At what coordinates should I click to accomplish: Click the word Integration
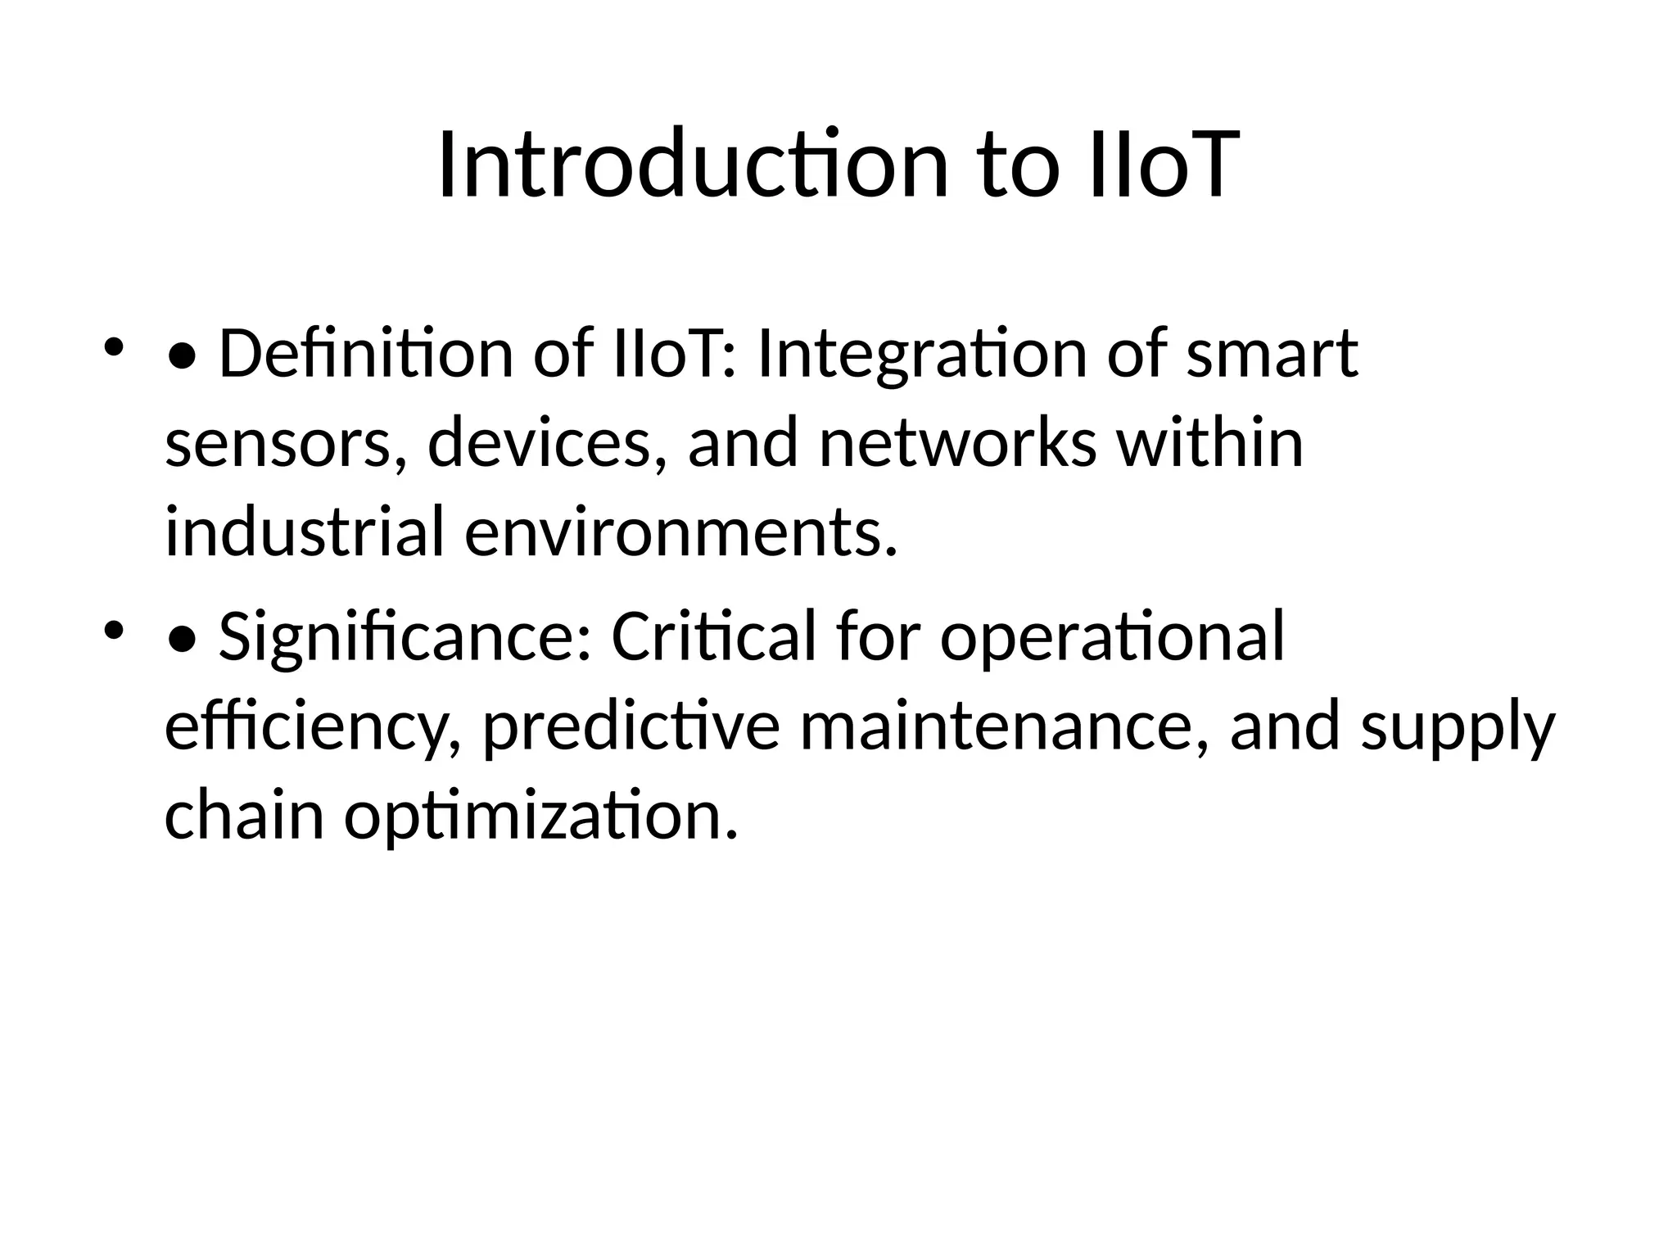point(923,355)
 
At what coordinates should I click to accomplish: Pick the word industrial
point(305,532)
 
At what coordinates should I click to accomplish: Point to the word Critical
point(714,636)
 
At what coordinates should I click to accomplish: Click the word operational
point(1112,638)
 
